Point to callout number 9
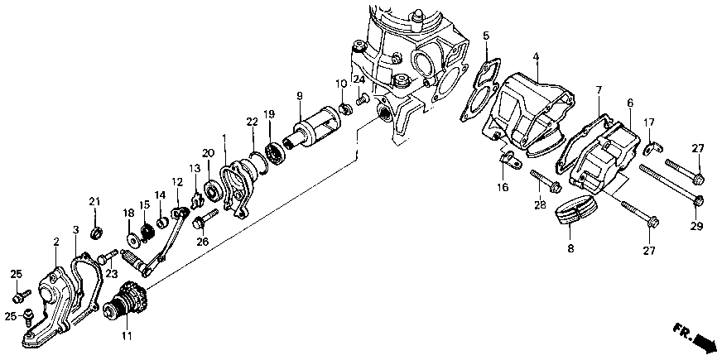pos(300,95)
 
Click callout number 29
pos(696,226)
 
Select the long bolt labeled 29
pos(671,186)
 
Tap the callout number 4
pos(536,57)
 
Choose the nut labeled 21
pos(95,229)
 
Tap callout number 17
pos(649,122)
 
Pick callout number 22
pos(252,122)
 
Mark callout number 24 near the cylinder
pos(359,79)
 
